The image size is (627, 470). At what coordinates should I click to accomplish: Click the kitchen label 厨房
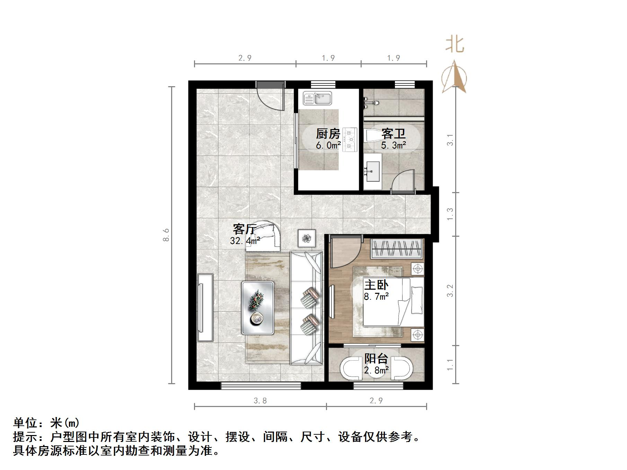coord(328,134)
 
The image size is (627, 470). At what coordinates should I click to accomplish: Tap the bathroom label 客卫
coord(393,134)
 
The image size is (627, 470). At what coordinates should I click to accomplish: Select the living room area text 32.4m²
coord(245,241)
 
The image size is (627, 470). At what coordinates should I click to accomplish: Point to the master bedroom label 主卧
coord(376,285)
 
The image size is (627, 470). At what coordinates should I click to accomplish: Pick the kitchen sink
coord(317,98)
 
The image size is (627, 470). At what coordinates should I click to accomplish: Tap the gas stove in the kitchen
coord(350,140)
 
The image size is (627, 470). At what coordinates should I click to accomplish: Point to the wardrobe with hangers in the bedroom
coord(397,248)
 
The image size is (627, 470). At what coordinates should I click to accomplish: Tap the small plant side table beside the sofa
coord(307,238)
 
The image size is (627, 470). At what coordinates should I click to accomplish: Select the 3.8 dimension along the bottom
coord(260,401)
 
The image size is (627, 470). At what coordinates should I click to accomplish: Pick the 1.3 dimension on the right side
coord(450,214)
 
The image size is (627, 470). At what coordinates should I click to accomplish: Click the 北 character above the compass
coord(454,45)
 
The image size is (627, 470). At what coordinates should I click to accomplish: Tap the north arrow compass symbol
coord(454,78)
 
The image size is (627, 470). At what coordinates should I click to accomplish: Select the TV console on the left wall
coord(205,307)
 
